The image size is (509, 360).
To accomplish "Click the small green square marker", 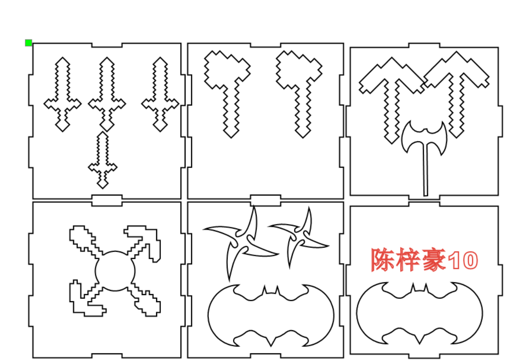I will pos(28,43).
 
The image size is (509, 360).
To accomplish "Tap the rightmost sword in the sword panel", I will pos(160,95).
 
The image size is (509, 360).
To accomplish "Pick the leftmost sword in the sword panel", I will pos(63,95).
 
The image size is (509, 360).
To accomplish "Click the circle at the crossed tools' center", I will pos(115,271).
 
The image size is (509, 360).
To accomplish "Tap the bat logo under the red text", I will pos(419,313).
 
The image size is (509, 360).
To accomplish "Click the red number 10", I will pos(463,261).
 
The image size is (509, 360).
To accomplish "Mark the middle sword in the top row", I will pos(107,95).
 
